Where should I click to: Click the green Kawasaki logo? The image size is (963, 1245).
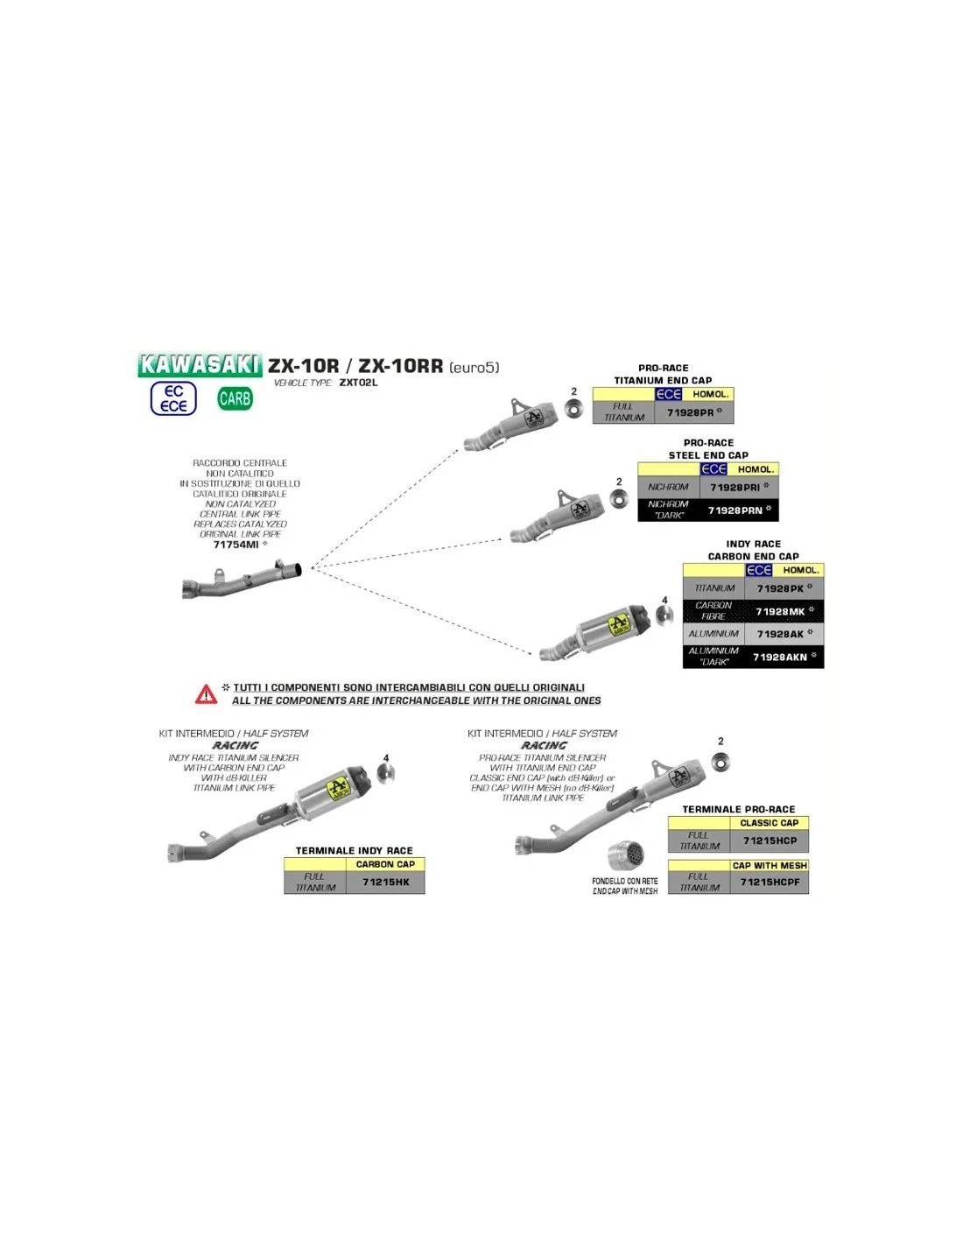[200, 365]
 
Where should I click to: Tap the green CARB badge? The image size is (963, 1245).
[235, 399]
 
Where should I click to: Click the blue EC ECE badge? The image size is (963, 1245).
[173, 398]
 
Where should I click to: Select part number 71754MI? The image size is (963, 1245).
[236, 545]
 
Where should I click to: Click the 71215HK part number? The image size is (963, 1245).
[386, 882]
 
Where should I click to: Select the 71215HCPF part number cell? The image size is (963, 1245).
[770, 882]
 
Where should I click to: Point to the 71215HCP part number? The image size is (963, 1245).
[770, 841]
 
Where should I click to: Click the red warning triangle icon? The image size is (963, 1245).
[206, 695]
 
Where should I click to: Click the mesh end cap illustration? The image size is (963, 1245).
[625, 855]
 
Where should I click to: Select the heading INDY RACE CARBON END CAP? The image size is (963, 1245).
[753, 550]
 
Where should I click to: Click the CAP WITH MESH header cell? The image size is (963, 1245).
[770, 865]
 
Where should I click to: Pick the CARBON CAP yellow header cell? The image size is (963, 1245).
[385, 864]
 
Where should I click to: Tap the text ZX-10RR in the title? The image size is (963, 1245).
[400, 366]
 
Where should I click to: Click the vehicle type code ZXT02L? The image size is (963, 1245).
[358, 383]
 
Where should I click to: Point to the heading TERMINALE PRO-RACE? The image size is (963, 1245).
[738, 809]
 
